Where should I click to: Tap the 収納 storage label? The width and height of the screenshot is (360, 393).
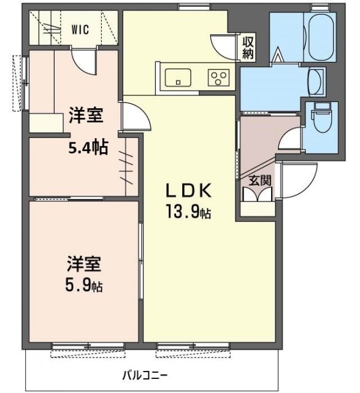[248, 48]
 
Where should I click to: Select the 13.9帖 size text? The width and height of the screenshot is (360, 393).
[188, 212]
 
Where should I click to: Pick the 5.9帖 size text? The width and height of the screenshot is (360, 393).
[85, 286]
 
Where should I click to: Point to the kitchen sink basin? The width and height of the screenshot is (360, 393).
[178, 77]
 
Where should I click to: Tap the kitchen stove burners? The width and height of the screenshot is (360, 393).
[218, 77]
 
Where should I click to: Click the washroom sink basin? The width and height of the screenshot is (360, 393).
[317, 81]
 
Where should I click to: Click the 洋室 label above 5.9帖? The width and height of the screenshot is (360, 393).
[85, 265]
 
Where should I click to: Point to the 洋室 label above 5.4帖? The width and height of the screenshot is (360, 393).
[85, 115]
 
